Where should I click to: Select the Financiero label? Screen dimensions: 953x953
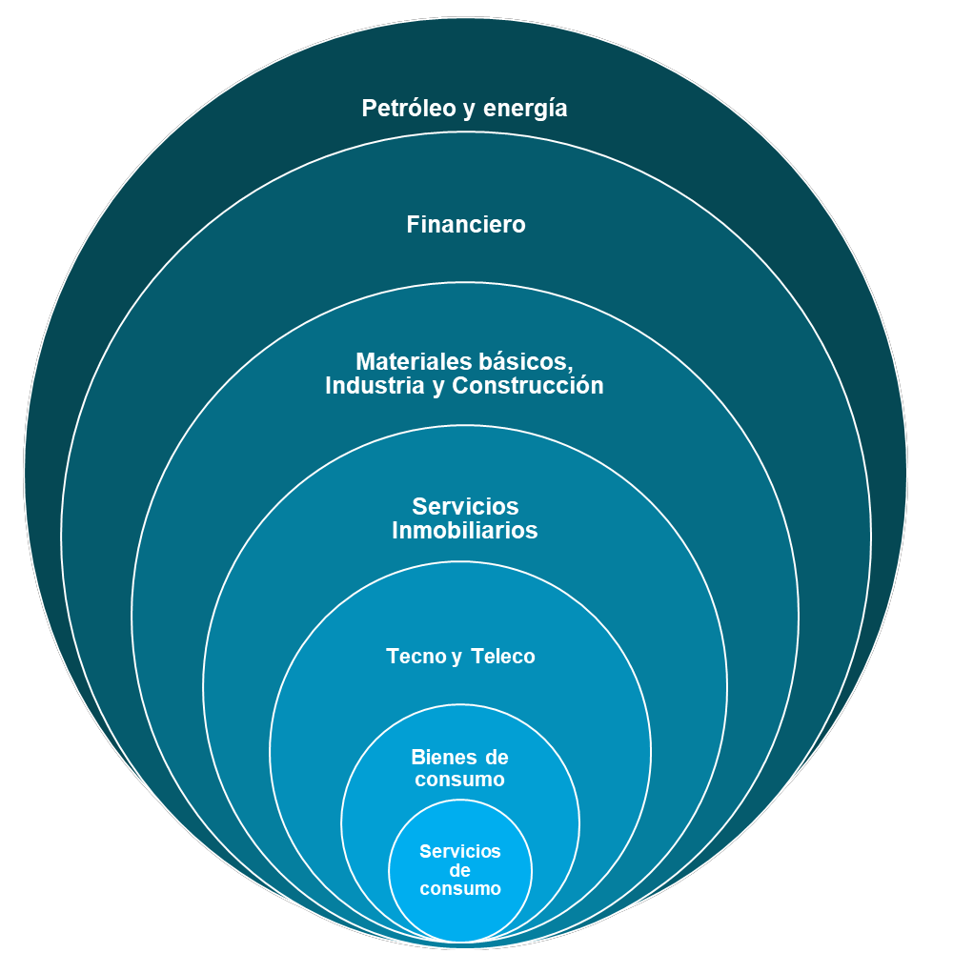tap(466, 225)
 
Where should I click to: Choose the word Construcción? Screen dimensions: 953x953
tap(528, 386)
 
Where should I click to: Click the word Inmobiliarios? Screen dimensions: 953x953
tap(465, 531)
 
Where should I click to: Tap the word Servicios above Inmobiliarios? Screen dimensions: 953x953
tap(465, 506)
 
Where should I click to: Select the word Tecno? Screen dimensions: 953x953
tap(416, 657)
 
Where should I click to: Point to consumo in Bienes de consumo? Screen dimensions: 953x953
tap(460, 780)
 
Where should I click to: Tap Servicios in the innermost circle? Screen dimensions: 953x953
tap(460, 851)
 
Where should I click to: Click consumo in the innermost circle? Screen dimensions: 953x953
tap(460, 888)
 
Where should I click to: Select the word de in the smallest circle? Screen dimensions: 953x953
tap(460, 870)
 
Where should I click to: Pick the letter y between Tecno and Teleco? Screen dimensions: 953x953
tap(456, 658)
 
